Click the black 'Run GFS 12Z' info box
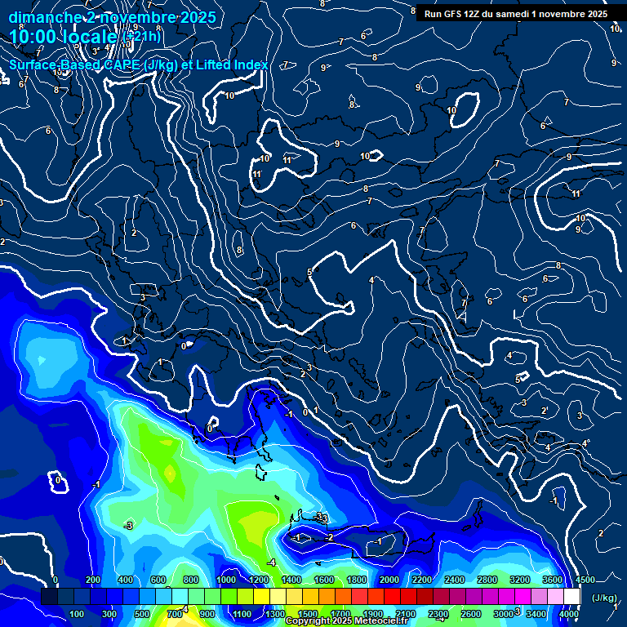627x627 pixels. pos(514,13)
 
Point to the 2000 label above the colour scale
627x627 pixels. pos(390,580)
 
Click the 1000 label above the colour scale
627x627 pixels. pos(226,580)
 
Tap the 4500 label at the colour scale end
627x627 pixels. pos(585,580)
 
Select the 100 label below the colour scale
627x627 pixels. pos(77,614)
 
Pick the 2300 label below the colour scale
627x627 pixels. pos(438,614)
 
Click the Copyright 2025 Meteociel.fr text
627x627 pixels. pos(348,621)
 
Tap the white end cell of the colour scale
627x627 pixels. pos(571,597)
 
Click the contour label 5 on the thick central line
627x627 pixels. pos(309,272)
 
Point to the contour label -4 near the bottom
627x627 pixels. pos(271,563)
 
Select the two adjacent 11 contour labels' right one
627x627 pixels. pos(287,160)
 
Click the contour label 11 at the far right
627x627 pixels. pos(576,193)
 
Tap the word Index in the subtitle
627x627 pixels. pos(250,64)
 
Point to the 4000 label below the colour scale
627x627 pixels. pos(569,614)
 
